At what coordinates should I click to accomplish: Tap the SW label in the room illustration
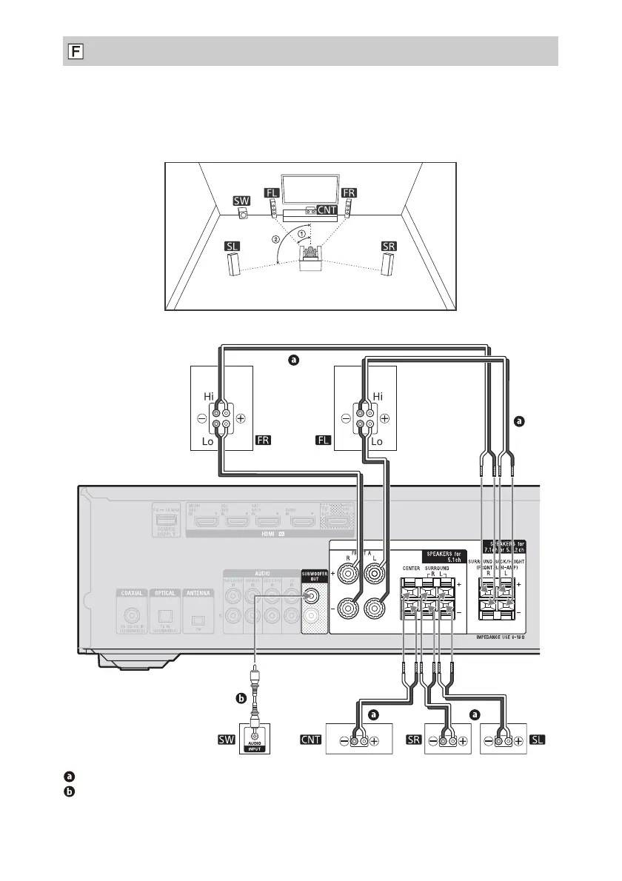(x=241, y=200)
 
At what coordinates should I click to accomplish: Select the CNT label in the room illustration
(x=327, y=210)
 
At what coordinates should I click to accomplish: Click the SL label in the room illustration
(x=233, y=245)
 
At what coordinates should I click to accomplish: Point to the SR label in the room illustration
(x=389, y=246)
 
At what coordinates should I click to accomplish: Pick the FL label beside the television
(x=271, y=192)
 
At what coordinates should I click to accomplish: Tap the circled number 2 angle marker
(x=275, y=240)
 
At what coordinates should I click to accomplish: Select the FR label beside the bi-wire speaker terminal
(x=264, y=440)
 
